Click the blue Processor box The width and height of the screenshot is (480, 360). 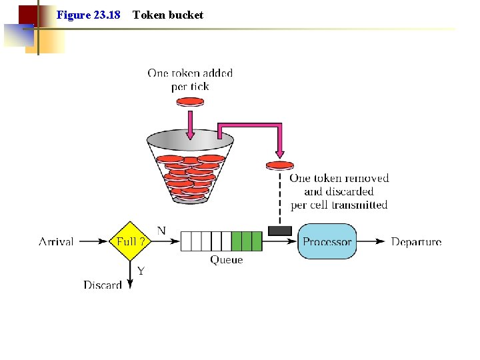pyautogui.click(x=327, y=241)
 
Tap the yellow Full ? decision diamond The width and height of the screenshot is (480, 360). pyautogui.click(x=131, y=241)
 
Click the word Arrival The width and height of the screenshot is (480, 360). pyautogui.click(x=56, y=241)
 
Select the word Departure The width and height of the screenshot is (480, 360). pyautogui.click(x=416, y=241)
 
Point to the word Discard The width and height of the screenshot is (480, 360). pyautogui.click(x=103, y=285)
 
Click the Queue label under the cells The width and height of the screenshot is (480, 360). pyautogui.click(x=227, y=260)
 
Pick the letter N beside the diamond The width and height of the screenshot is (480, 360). pyautogui.click(x=161, y=231)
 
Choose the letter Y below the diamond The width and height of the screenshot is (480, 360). pyautogui.click(x=141, y=271)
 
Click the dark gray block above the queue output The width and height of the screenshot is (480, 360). pyautogui.click(x=279, y=231)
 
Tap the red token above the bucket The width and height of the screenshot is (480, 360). pyautogui.click(x=190, y=102)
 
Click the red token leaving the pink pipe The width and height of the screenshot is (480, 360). pyautogui.click(x=279, y=165)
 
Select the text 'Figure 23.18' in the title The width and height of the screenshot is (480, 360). pyautogui.click(x=89, y=15)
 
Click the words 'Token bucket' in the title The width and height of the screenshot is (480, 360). pyautogui.click(x=168, y=15)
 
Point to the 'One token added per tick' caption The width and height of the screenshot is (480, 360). pyautogui.click(x=190, y=80)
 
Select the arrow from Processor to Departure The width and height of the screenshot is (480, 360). pyautogui.click(x=372, y=241)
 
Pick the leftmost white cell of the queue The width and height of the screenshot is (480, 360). pyautogui.click(x=186, y=241)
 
